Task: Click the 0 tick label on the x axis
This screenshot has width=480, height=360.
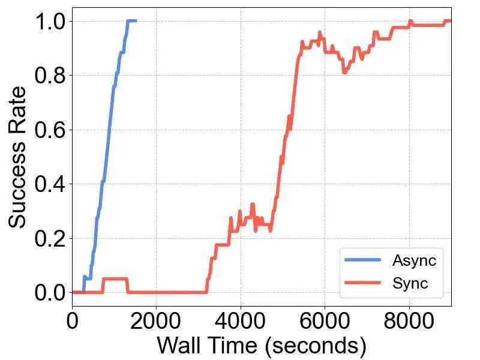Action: click(73, 320)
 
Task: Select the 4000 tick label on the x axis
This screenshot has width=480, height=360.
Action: click(240, 320)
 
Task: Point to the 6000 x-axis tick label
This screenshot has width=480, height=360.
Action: click(325, 320)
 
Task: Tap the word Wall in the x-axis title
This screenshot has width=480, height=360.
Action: click(178, 346)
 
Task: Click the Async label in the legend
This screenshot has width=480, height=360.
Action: click(414, 261)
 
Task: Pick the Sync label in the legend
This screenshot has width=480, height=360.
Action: click(410, 283)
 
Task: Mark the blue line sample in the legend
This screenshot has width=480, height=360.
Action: click(362, 261)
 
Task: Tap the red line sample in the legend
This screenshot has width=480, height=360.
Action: click(362, 283)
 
